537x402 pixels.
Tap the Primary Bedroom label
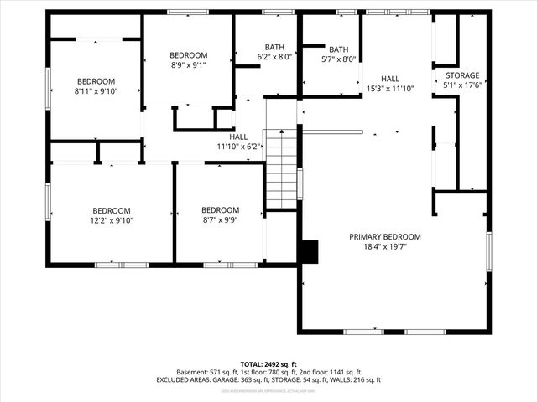(385, 237)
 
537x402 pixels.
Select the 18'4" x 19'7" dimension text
(385, 247)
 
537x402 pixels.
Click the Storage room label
(462, 75)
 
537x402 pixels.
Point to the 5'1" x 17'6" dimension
(462, 85)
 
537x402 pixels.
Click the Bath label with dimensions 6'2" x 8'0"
(274, 47)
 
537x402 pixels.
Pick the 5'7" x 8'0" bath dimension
(339, 59)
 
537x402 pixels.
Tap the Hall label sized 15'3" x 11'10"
(391, 77)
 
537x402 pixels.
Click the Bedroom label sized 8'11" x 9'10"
(96, 81)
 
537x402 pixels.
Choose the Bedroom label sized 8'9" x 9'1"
(188, 54)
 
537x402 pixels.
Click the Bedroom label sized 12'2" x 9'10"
(112, 210)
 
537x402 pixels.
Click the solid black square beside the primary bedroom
(310, 252)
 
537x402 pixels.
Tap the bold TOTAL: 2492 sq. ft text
(268, 364)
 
